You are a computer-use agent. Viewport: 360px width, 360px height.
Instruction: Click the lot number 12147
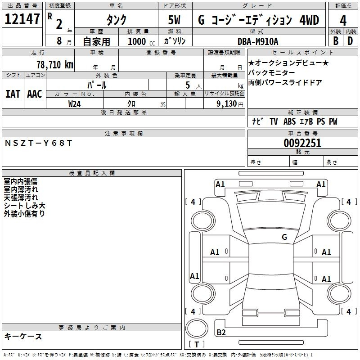pyautogui.click(x=22, y=19)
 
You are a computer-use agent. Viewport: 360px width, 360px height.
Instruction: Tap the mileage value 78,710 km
pyautogui.click(x=55, y=65)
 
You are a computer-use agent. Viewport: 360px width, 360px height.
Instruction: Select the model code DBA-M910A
pyautogui.click(x=258, y=41)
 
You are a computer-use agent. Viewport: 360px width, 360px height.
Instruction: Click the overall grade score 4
pyautogui.click(x=343, y=21)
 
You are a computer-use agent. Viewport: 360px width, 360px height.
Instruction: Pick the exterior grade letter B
pyautogui.click(x=336, y=41)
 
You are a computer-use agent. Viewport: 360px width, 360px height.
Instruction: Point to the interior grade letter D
pyautogui.click(x=350, y=41)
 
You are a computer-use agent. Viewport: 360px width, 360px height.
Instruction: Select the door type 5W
pyautogui.click(x=174, y=20)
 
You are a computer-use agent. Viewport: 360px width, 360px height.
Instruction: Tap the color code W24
pyautogui.click(x=74, y=104)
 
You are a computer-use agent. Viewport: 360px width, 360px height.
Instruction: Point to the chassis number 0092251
pyautogui.click(x=302, y=143)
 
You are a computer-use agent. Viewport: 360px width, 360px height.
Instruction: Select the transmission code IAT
pyautogui.click(x=13, y=94)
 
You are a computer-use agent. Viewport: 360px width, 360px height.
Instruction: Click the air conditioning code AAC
pyautogui.click(x=35, y=94)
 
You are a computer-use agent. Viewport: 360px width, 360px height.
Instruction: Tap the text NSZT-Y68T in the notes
pyautogui.click(x=38, y=143)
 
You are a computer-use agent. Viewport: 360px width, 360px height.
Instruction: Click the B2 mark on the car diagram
pyautogui.click(x=221, y=332)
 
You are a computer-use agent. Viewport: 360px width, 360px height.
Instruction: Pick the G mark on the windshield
pyautogui.click(x=284, y=237)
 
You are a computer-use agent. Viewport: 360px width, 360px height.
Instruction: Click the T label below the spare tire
pyautogui.click(x=197, y=344)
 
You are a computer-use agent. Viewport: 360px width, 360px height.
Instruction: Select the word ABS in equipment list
pyautogui.click(x=289, y=121)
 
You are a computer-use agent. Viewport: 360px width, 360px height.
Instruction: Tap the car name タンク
pyautogui.click(x=116, y=20)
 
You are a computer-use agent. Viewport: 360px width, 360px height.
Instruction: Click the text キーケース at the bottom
pyautogui.click(x=23, y=336)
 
